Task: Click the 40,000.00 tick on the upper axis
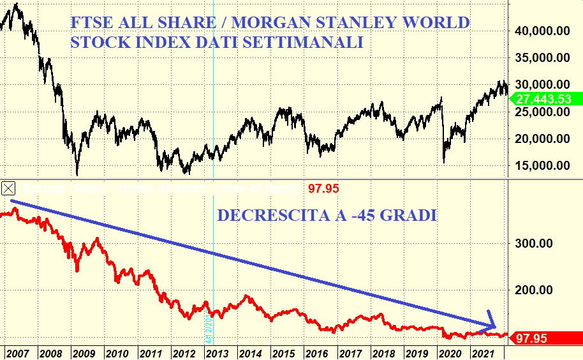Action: pos(542,30)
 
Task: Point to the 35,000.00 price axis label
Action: pos(542,57)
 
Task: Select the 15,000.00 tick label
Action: pos(542,166)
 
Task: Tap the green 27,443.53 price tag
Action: pos(543,99)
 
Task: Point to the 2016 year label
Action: pos(317,353)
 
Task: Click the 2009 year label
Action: pos(82,353)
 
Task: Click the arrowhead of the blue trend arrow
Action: pos(492,324)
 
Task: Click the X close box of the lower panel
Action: pos(9,188)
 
